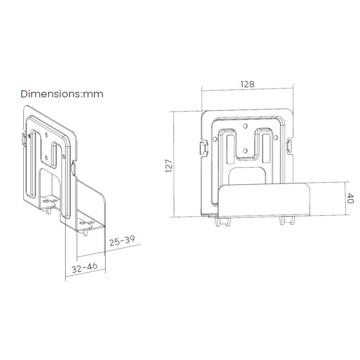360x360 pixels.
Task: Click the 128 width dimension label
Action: (x=247, y=84)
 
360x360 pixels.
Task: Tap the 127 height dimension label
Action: (x=169, y=166)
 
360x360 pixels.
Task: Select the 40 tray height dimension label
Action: (x=350, y=198)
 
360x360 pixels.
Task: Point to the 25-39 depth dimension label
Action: (x=122, y=240)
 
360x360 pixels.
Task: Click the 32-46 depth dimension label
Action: (x=85, y=267)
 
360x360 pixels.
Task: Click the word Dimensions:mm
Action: (x=62, y=94)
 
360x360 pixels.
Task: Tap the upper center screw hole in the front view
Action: (x=245, y=126)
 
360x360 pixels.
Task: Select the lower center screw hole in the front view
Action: (x=245, y=151)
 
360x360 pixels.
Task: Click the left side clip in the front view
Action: (x=204, y=148)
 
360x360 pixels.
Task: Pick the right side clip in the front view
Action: (x=289, y=146)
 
